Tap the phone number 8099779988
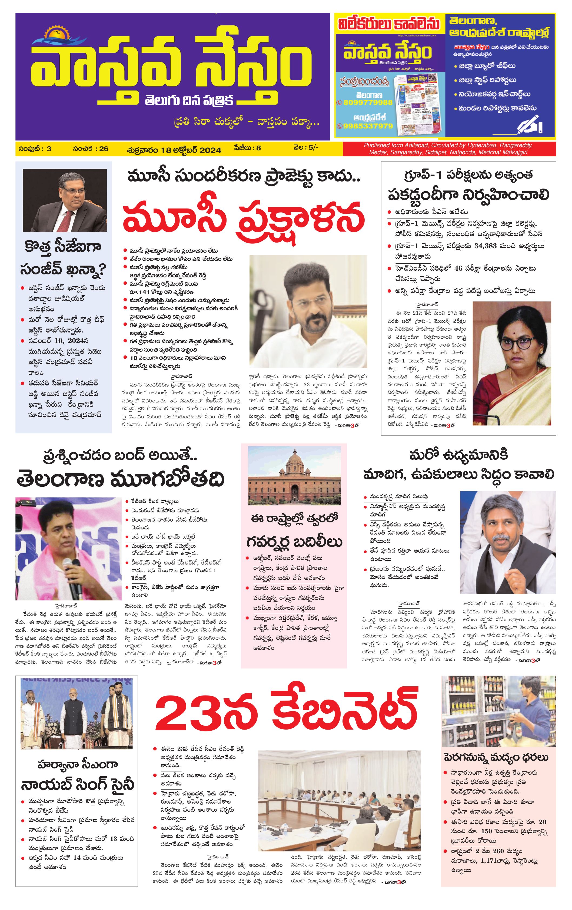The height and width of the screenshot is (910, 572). tap(365, 102)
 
